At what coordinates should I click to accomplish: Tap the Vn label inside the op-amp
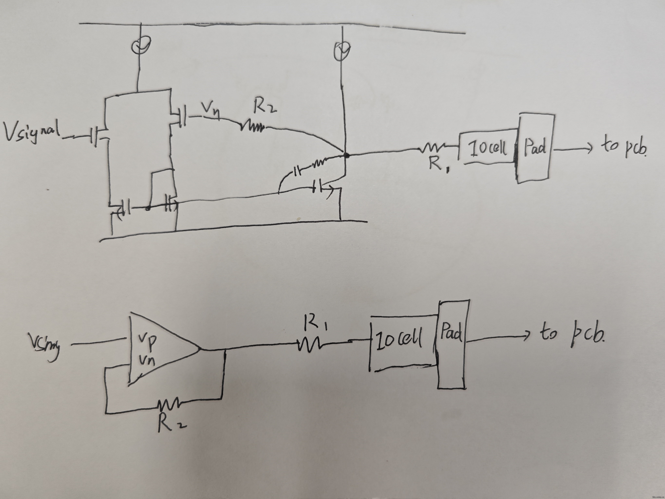[147, 359]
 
